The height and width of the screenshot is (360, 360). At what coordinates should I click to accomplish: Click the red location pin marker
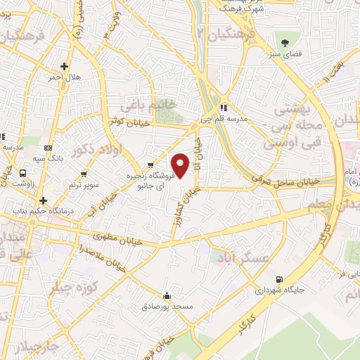tap(180, 165)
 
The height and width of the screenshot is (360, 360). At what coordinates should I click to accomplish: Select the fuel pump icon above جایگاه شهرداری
tap(281, 278)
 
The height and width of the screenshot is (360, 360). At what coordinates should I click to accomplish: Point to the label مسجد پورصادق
tap(167, 307)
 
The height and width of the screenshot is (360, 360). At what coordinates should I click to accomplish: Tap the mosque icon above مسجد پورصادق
tap(167, 296)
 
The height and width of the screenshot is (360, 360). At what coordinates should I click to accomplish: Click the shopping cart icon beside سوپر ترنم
tap(84, 174)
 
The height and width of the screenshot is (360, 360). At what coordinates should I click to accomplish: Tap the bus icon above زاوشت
tap(23, 172)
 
